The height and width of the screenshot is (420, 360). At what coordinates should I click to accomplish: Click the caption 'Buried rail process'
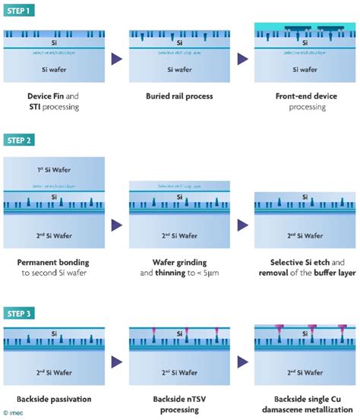point(179,97)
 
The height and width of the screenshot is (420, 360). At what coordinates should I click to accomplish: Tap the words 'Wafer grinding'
point(179,263)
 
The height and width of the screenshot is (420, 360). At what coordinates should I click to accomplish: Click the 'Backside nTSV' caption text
point(179,399)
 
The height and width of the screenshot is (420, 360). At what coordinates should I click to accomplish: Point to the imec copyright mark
point(14,414)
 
